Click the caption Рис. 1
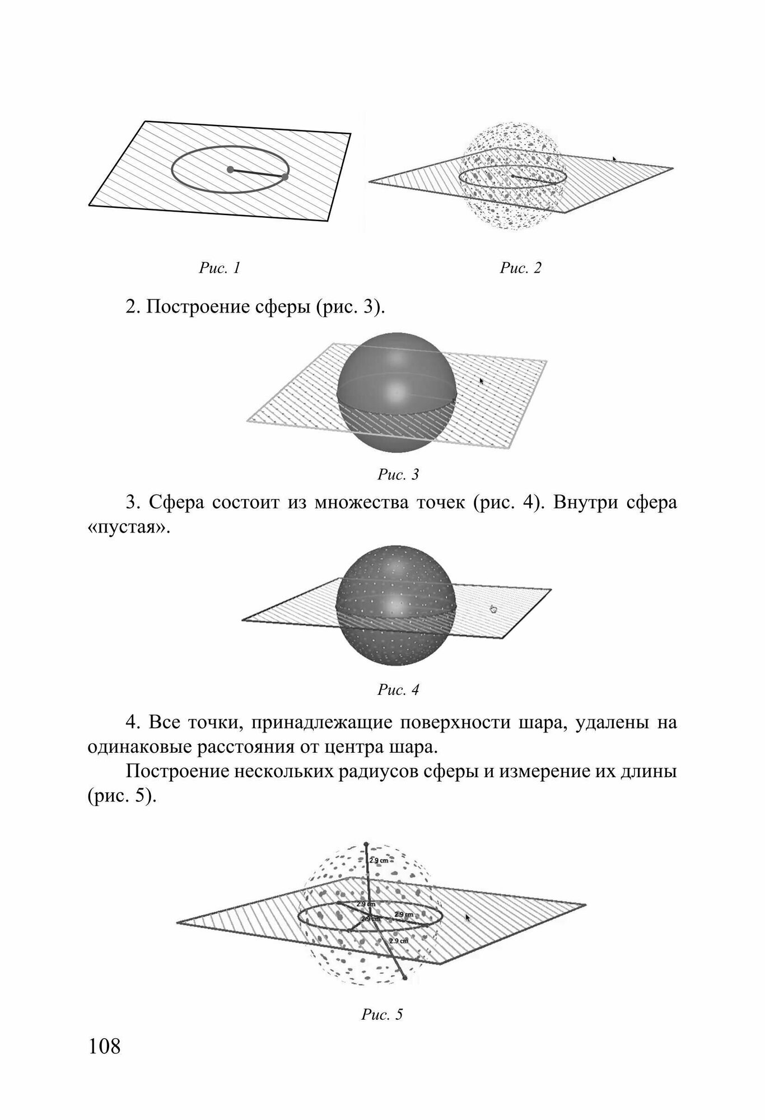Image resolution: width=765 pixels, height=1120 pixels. [x=220, y=268]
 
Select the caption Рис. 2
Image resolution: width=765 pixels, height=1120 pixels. [x=521, y=268]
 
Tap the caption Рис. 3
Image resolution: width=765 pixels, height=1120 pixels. [x=398, y=475]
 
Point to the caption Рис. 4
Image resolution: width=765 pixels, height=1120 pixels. [x=398, y=690]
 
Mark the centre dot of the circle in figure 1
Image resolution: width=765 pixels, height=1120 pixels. [x=230, y=169]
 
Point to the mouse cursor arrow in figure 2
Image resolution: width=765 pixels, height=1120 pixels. [x=614, y=160]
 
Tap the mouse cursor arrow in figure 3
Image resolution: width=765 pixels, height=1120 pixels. [x=481, y=381]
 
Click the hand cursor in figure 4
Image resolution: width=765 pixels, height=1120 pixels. [x=493, y=609]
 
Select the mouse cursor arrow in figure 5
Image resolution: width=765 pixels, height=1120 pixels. [x=468, y=918]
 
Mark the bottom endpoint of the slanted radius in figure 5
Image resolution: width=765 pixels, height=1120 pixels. [x=404, y=978]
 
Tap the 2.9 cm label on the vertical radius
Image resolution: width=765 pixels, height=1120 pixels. [x=379, y=861]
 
